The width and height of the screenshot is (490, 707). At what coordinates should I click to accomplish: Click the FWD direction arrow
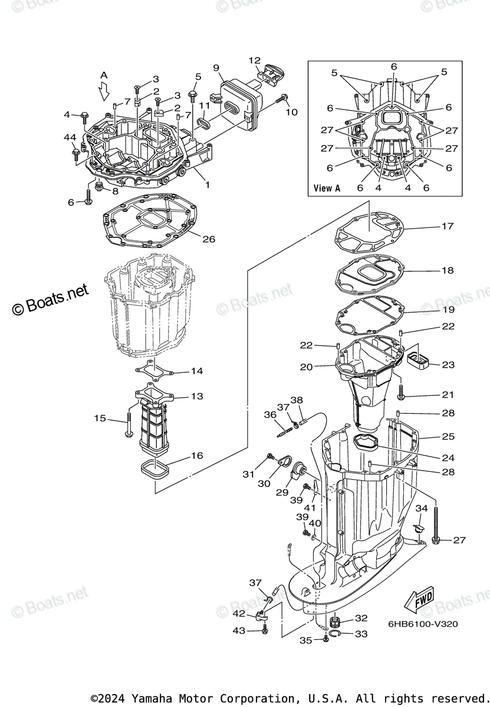[x=418, y=601]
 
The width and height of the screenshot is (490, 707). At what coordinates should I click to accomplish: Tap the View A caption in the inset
[x=327, y=188]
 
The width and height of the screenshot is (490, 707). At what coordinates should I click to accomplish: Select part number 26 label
[x=209, y=239]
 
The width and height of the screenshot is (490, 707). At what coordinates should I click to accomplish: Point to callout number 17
[x=448, y=226]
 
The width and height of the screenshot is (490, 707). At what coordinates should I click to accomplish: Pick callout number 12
[x=254, y=60]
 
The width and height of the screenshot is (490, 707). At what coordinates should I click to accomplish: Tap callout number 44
[x=70, y=137]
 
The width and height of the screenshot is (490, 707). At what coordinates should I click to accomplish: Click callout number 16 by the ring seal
[x=196, y=456]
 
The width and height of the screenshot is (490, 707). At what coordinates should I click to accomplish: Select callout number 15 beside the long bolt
[x=100, y=418]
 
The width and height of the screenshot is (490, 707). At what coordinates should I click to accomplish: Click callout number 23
[x=448, y=365]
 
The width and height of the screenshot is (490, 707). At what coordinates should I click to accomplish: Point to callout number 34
[x=421, y=508]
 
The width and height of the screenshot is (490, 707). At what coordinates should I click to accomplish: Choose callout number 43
[x=238, y=630]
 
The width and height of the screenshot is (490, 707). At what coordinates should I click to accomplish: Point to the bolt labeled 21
[x=401, y=390]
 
